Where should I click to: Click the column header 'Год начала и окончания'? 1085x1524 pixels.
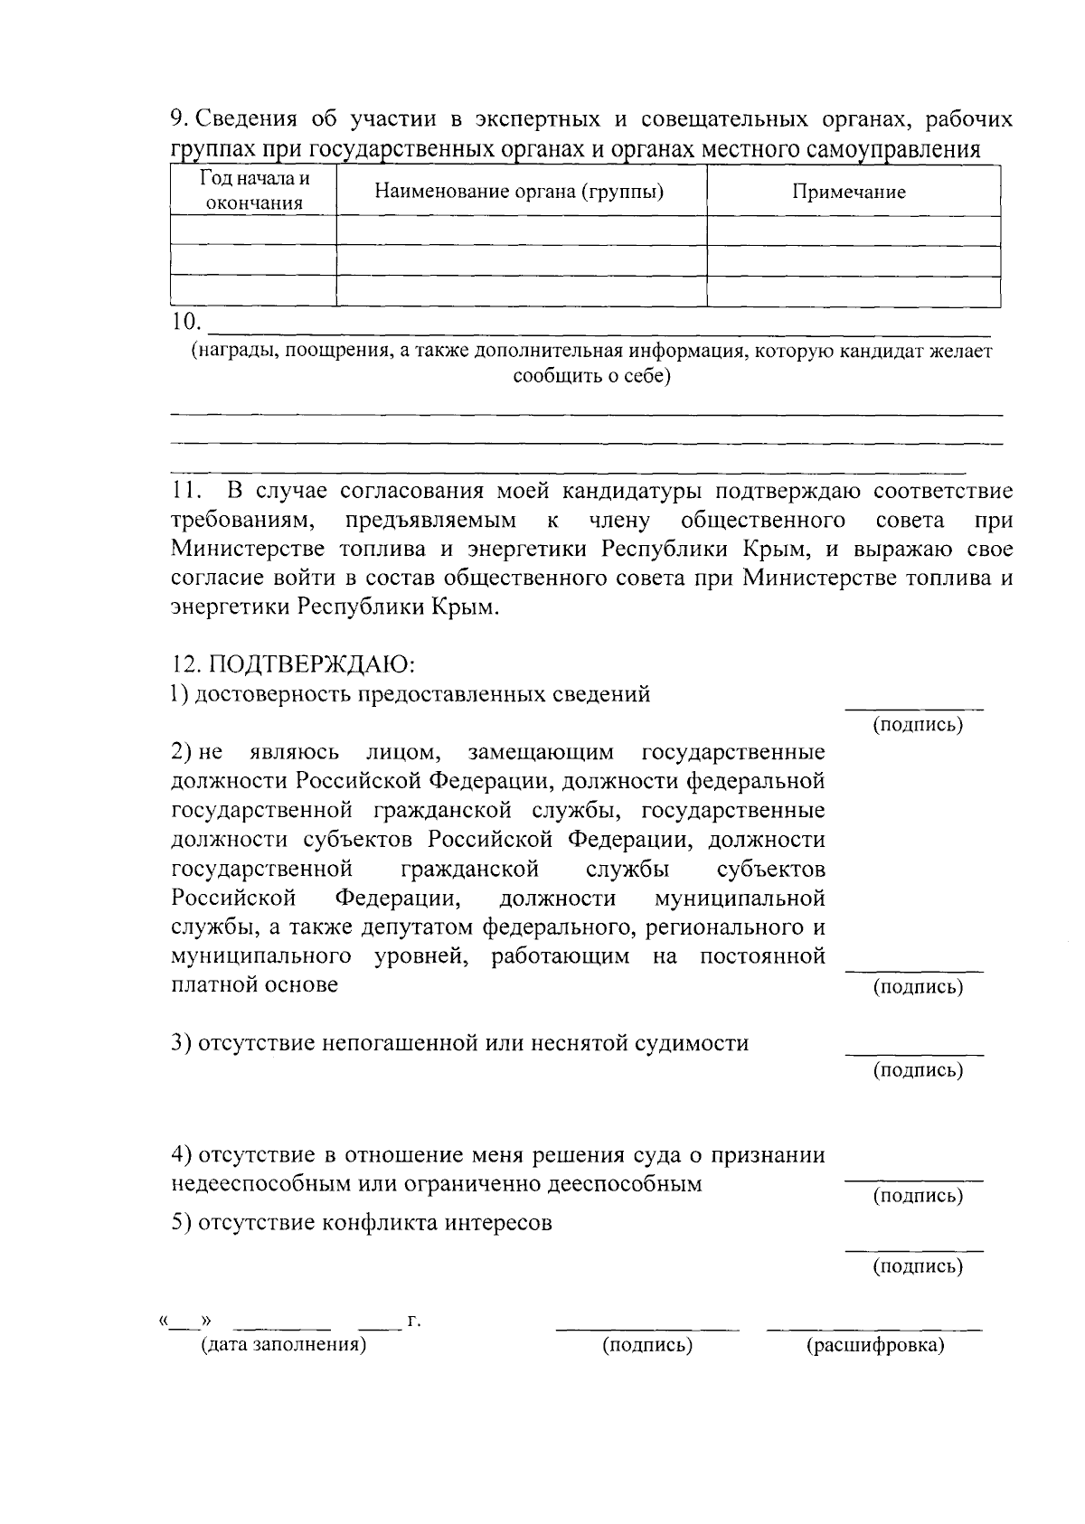click(253, 191)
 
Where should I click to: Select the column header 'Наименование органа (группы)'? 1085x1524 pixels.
click(520, 191)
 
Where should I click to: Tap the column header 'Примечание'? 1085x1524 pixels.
click(849, 192)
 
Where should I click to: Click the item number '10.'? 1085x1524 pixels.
click(185, 322)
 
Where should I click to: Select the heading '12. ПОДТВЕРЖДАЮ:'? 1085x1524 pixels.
click(293, 665)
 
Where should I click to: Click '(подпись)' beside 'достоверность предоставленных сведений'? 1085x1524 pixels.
click(917, 726)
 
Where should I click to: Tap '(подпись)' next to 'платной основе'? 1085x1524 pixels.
click(917, 987)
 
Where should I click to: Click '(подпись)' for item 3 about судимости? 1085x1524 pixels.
click(917, 1070)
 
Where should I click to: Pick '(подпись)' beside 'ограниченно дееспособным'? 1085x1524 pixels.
click(917, 1196)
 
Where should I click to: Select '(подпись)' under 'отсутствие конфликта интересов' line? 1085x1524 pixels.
click(917, 1266)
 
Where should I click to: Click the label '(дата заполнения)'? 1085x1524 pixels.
click(283, 1345)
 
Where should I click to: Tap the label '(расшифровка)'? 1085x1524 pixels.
click(875, 1346)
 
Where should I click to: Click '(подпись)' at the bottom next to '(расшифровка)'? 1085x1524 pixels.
click(647, 1346)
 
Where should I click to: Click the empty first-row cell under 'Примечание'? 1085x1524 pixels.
click(853, 230)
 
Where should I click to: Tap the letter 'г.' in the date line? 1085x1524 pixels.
click(414, 1322)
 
